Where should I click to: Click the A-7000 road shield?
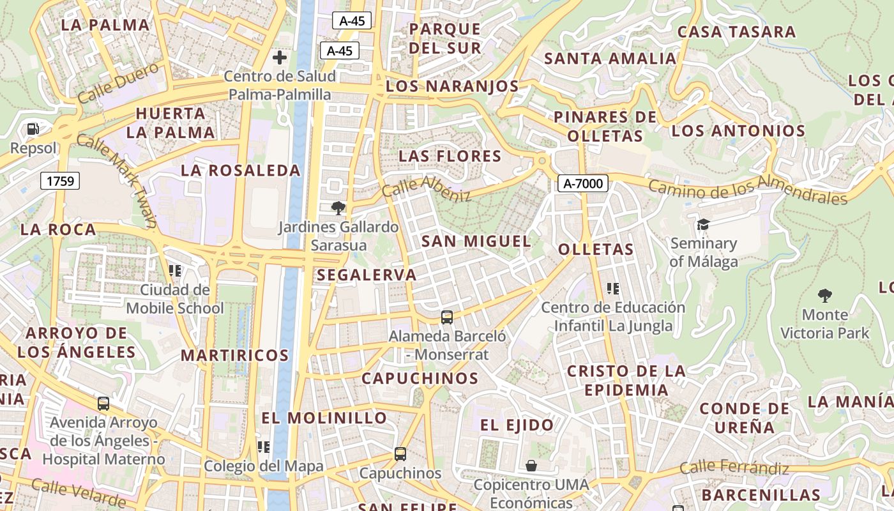pyautogui.click(x=582, y=183)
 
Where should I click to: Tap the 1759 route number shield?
pyautogui.click(x=61, y=181)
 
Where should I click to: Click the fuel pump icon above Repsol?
pyautogui.click(x=33, y=129)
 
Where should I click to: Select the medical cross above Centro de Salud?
pyautogui.click(x=279, y=57)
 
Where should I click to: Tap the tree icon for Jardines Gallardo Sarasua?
pyautogui.click(x=338, y=208)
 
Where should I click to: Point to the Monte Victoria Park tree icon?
pyautogui.click(x=824, y=295)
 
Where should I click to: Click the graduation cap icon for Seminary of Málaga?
pyautogui.click(x=703, y=224)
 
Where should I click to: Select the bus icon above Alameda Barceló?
pyautogui.click(x=447, y=317)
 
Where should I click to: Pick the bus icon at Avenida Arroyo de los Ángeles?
pyautogui.click(x=103, y=404)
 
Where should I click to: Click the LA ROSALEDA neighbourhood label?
pyautogui.click(x=241, y=171)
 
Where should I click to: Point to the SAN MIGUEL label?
pyautogui.click(x=476, y=241)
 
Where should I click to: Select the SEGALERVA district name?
pyautogui.click(x=367, y=275)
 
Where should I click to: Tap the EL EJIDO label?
pyautogui.click(x=517, y=425)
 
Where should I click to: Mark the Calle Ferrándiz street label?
pyautogui.click(x=734, y=468)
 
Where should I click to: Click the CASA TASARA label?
pyautogui.click(x=736, y=31)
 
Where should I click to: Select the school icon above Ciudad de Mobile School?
pyautogui.click(x=174, y=271)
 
